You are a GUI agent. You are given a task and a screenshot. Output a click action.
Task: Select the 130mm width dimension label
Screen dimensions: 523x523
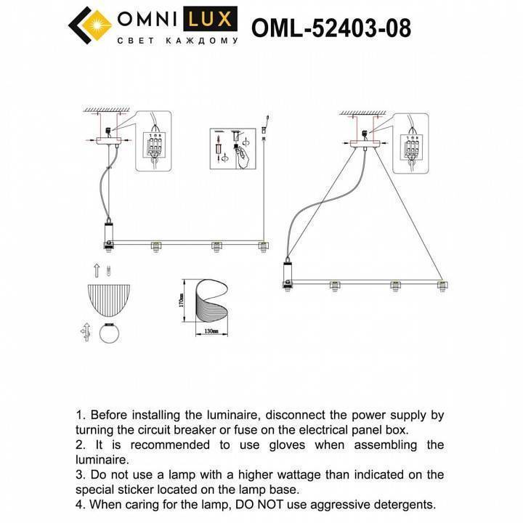click(x=211, y=332)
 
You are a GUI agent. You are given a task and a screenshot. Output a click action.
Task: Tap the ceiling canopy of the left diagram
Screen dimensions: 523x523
click(x=108, y=141)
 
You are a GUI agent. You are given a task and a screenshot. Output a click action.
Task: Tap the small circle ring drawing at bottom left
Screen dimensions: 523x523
click(x=110, y=336)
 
